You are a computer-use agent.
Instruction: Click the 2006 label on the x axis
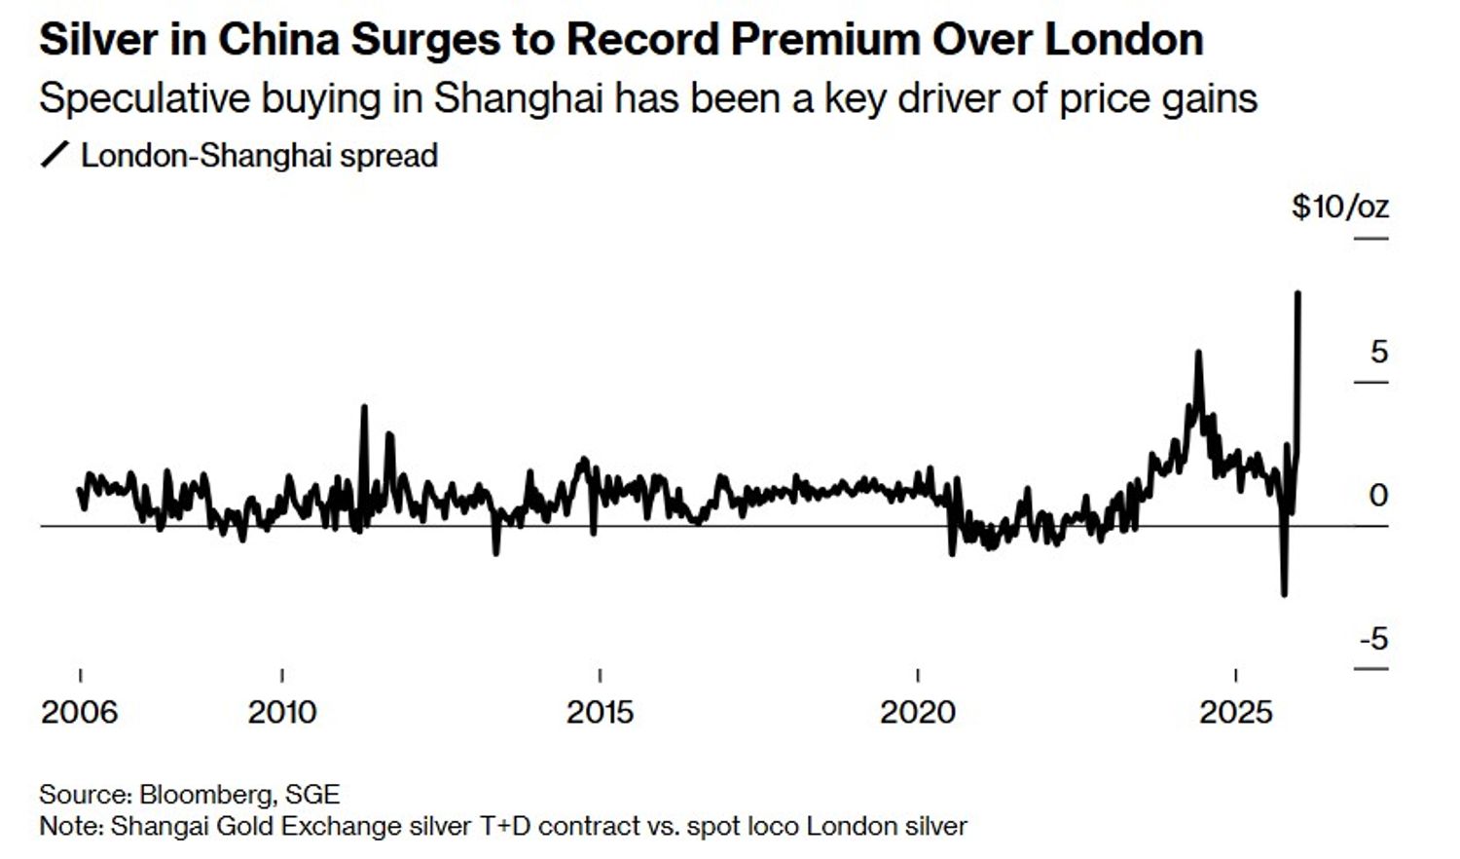point(79,712)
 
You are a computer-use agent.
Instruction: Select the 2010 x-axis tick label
point(282,712)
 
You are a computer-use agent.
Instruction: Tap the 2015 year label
point(600,712)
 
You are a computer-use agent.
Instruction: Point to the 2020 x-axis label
point(918,712)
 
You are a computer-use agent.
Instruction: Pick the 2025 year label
point(1235,712)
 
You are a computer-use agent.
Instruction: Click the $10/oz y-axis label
point(1339,207)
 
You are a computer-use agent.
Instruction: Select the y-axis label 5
point(1378,352)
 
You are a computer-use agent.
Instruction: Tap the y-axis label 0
point(1377,496)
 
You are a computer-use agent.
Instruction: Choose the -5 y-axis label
point(1372,640)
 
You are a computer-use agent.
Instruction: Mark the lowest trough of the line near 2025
point(1285,593)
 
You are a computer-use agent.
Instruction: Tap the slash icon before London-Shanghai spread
point(55,155)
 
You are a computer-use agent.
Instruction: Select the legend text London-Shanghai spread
point(259,156)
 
